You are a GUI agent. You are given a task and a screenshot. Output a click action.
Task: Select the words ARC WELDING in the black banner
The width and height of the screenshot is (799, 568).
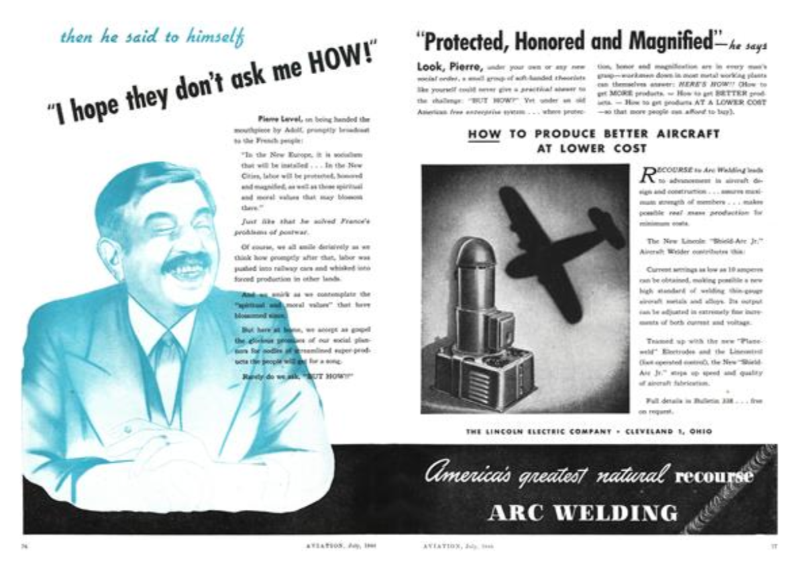click(583, 512)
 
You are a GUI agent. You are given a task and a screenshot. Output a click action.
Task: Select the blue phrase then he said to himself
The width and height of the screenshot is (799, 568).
click(152, 37)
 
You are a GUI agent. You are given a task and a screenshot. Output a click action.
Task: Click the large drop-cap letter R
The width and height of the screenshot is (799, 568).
click(647, 173)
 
